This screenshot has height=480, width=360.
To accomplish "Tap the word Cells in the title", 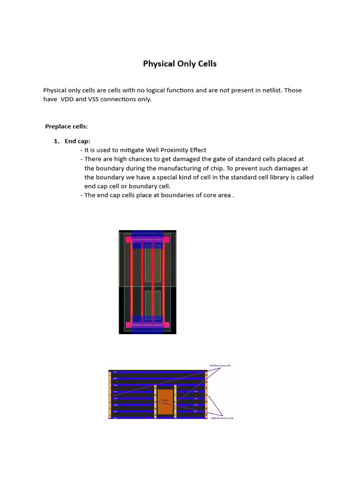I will click(207, 64).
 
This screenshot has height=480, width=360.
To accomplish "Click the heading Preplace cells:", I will click(66, 127).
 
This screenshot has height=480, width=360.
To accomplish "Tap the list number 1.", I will click(57, 141).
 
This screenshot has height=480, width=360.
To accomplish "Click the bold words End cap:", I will click(77, 141).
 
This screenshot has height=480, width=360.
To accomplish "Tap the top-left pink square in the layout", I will click(128, 240).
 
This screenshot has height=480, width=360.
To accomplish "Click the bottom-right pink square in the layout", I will click(166, 324).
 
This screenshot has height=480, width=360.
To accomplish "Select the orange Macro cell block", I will click(165, 401).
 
